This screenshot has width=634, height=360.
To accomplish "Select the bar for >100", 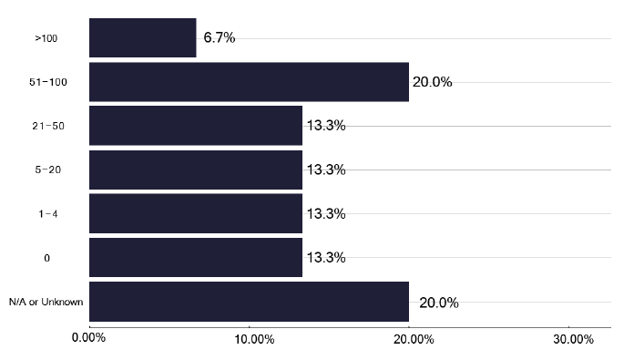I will click(x=142, y=38).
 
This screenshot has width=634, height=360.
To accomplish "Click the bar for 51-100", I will click(x=249, y=82).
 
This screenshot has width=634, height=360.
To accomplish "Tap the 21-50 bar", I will click(x=195, y=126).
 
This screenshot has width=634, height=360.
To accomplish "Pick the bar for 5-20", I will click(x=195, y=170).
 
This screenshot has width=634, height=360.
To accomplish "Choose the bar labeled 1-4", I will click(x=195, y=213).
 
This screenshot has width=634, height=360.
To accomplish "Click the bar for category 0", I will click(x=195, y=257).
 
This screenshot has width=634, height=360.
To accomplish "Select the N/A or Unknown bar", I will click(x=249, y=302).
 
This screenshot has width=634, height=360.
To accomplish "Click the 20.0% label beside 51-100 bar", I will click(x=432, y=82).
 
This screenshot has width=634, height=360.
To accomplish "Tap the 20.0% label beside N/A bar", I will click(x=438, y=303).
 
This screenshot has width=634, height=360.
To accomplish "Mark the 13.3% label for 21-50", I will click(x=325, y=126).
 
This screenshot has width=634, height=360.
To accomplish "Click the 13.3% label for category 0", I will click(x=325, y=257).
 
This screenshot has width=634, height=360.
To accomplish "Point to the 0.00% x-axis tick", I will click(x=89, y=339).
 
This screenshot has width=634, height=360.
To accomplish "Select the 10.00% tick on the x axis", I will click(x=249, y=339).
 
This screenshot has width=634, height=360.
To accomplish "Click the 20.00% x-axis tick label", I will click(x=409, y=339).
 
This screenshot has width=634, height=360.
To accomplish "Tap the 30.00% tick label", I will click(x=568, y=339).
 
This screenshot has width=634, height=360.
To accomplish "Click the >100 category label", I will click(x=46, y=39).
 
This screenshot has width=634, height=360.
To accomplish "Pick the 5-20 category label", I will click(x=46, y=170).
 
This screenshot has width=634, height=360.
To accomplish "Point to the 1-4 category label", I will click(x=46, y=214).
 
